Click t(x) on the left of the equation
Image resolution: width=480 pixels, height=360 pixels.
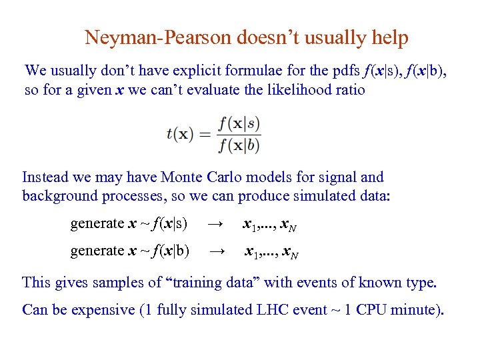click(179, 134)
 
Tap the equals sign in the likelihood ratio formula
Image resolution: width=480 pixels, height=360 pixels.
click(205, 134)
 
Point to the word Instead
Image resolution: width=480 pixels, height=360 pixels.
click(45, 177)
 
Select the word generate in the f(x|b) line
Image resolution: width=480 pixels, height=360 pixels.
click(97, 251)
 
